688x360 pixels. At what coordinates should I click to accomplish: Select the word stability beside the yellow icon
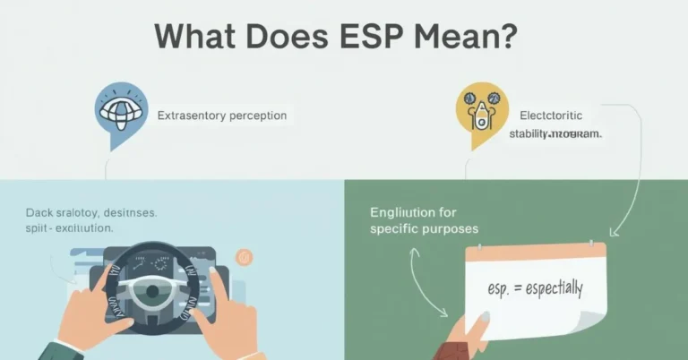pos(535,134)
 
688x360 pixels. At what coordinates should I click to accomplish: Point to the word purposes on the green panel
pos(445,229)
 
